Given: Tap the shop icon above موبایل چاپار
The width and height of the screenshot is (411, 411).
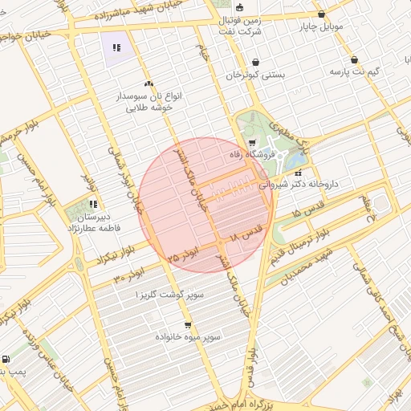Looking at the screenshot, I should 322,14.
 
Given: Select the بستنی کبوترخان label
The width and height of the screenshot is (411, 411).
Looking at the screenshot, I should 254,74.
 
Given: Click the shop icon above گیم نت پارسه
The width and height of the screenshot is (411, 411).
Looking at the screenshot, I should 354,59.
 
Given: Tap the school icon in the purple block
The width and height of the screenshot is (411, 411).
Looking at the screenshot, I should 117,47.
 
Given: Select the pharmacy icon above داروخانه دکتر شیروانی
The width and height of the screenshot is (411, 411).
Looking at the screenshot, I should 299,173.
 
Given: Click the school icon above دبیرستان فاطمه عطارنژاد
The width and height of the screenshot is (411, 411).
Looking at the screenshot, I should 92,205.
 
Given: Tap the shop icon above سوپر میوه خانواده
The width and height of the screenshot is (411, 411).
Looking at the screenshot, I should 188,325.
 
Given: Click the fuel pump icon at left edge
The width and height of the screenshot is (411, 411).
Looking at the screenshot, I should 6,360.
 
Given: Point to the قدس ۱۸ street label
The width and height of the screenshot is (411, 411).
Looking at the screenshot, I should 246,234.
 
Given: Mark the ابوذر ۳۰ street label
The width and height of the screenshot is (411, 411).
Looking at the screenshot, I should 128,276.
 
